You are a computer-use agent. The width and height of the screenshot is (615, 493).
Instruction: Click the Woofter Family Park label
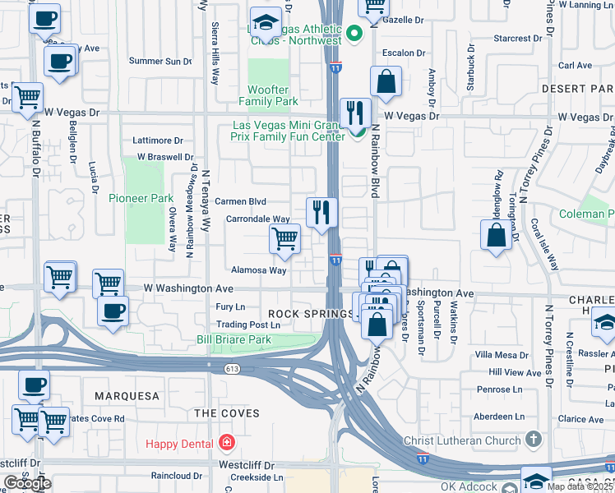point(269,95)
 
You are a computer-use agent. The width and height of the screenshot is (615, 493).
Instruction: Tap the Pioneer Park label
point(141,198)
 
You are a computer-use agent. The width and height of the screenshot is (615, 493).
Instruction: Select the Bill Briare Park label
point(234,339)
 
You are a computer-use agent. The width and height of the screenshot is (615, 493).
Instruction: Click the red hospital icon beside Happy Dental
point(226,444)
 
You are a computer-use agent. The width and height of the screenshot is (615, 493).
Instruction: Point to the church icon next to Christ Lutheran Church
point(533,440)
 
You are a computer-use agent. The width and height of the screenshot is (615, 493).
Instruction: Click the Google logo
point(27,483)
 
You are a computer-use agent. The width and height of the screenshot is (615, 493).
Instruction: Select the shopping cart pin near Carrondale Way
point(284,239)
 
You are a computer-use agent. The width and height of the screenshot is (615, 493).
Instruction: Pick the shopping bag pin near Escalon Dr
point(385,81)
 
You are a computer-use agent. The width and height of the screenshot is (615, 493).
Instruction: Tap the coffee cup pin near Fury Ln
point(113,311)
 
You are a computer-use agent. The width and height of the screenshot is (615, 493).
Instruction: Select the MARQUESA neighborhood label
point(127,396)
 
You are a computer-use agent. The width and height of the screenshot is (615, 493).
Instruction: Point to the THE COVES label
point(228,413)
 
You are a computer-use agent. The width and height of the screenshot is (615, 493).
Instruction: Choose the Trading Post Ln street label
point(248,325)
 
